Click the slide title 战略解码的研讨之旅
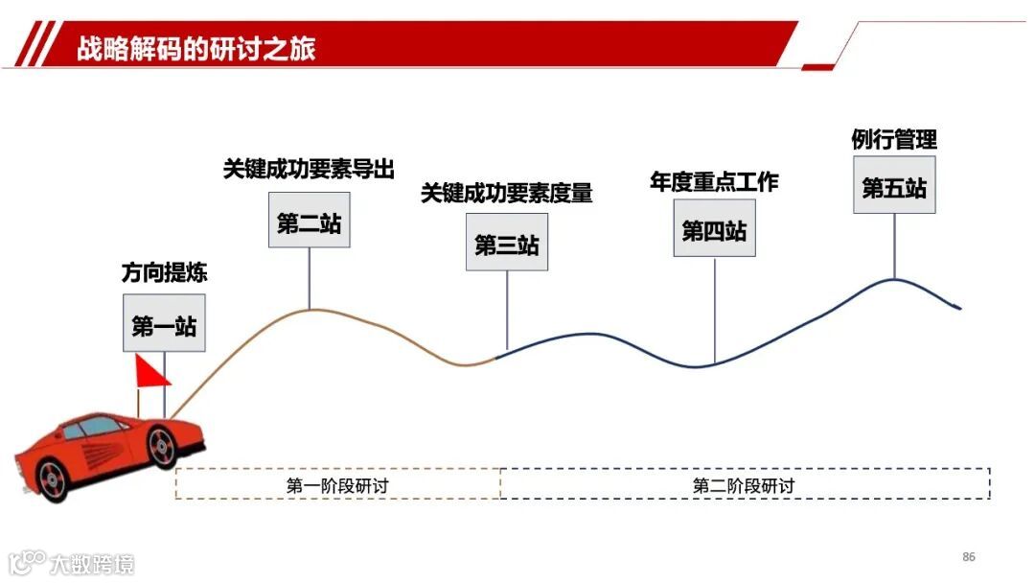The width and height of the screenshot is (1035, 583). (x=196, y=48)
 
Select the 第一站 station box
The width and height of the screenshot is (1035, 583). (x=164, y=326)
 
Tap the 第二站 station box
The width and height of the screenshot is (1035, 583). (x=309, y=223)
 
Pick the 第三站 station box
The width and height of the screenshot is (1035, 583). (x=507, y=245)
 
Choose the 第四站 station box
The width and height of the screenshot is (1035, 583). (x=714, y=231)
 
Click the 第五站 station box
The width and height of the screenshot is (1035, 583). (x=894, y=187)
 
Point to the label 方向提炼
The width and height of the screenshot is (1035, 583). (x=164, y=273)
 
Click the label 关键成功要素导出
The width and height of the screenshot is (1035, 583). (x=309, y=169)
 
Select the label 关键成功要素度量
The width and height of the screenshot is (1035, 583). (x=507, y=193)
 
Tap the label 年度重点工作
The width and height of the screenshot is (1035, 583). (x=714, y=181)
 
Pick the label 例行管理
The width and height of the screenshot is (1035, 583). (x=894, y=139)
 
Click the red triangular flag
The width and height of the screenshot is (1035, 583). (x=150, y=372)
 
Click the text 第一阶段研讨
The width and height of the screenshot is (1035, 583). (x=337, y=485)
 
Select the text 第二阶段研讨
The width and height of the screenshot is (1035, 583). (x=744, y=485)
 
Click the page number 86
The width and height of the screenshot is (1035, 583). (x=968, y=557)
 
